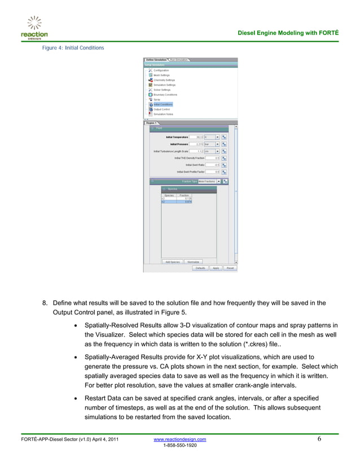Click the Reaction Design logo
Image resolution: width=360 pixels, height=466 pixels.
click(34, 27)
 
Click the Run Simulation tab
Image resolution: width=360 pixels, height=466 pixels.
click(179, 59)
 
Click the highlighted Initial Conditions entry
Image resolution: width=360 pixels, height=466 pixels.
click(163, 104)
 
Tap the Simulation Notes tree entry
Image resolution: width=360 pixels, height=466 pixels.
click(163, 114)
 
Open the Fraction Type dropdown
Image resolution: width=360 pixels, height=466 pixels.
click(218, 181)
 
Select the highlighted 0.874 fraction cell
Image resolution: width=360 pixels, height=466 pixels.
click(185, 202)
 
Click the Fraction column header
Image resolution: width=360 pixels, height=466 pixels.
click(185, 195)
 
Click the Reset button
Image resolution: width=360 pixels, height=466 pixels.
click(230, 268)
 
